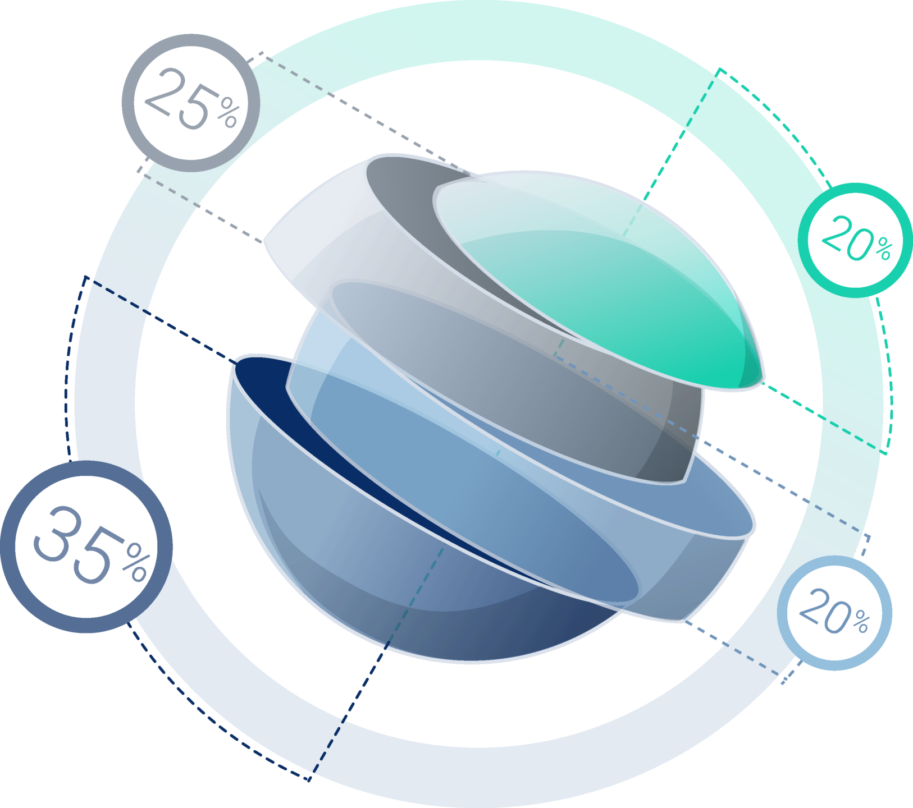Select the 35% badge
pos(87,547)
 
